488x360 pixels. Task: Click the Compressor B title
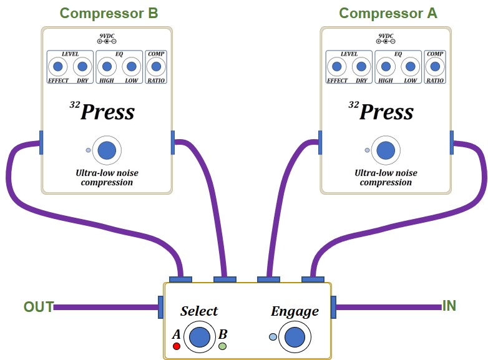tap(109, 12)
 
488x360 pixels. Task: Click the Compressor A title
tap(388, 12)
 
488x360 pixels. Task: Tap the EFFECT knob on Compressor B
tap(58, 66)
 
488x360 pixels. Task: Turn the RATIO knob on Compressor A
tap(435, 66)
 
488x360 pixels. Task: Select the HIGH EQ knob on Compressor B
tap(107, 66)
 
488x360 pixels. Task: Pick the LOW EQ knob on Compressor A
tap(409, 66)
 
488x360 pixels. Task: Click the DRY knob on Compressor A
tap(361, 66)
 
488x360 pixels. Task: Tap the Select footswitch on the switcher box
tap(200, 337)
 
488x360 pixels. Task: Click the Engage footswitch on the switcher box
tap(295, 337)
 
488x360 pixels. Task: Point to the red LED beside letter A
tap(177, 346)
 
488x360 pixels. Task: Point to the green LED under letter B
tap(223, 346)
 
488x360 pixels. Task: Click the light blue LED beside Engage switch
tap(273, 337)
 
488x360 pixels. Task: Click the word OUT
tap(38, 307)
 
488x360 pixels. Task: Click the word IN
tap(449, 306)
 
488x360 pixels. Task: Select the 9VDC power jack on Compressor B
tap(106, 41)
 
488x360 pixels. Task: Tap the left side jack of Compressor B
tap(41, 142)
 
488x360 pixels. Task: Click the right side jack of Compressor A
tap(452, 142)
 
